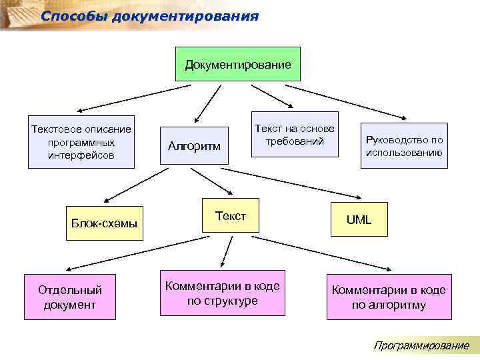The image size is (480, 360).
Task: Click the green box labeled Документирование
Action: [237, 64]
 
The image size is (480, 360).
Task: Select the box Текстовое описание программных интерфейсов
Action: [81, 142]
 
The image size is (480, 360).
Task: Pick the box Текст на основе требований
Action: [294, 135]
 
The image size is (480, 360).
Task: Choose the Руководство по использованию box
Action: [403, 145]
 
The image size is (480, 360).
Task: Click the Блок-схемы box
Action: [105, 223]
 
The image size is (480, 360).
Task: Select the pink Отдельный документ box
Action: [70, 297]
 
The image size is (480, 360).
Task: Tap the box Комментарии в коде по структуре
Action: [222, 293]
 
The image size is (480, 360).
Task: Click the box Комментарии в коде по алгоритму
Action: [389, 297]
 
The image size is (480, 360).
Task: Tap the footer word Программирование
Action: [421, 345]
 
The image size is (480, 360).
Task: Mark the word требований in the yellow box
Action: [294, 141]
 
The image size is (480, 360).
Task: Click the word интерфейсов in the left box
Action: [81, 155]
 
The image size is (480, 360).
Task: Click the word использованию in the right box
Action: [403, 152]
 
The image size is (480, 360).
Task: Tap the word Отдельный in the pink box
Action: [70, 290]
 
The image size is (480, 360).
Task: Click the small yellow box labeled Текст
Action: [230, 215]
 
